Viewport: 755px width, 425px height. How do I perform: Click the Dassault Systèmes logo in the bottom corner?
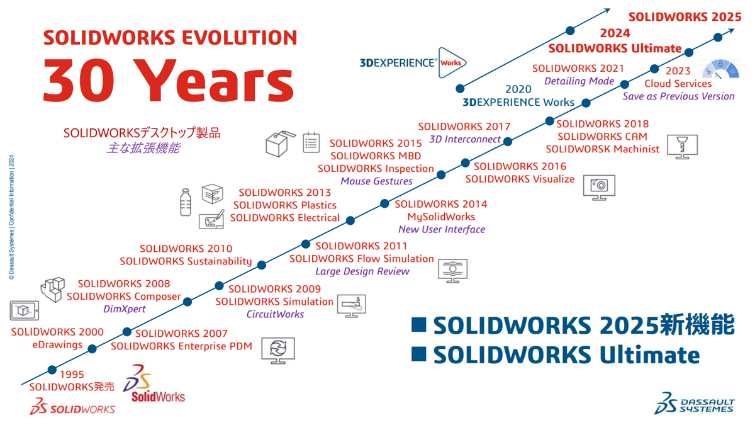[695, 403]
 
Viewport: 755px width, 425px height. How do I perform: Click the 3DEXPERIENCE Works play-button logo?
[452, 63]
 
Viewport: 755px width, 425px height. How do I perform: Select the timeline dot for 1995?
[52, 370]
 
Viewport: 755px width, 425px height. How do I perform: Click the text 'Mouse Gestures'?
[376, 181]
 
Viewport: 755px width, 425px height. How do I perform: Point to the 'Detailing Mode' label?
[579, 81]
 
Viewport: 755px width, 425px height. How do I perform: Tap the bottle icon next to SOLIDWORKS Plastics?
[186, 202]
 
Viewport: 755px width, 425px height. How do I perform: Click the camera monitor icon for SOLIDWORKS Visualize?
[599, 188]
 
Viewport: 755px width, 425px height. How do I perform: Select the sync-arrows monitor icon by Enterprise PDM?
[278, 351]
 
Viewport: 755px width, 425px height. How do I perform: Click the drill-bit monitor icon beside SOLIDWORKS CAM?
[682, 147]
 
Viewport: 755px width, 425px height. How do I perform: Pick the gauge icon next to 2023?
[720, 69]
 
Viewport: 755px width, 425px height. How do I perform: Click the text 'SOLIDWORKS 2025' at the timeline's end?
[685, 17]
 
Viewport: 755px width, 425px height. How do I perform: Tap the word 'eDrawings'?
[57, 345]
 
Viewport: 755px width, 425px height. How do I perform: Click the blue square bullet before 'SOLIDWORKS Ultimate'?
[419, 354]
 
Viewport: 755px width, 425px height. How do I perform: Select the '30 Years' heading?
[169, 81]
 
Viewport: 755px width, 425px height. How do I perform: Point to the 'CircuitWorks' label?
[275, 314]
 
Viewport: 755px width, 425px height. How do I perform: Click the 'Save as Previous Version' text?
[678, 96]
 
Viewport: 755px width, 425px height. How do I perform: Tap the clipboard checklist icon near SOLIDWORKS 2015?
[311, 142]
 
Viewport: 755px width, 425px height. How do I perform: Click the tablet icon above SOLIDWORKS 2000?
[25, 310]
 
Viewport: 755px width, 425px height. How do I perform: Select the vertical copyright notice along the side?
[11, 217]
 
